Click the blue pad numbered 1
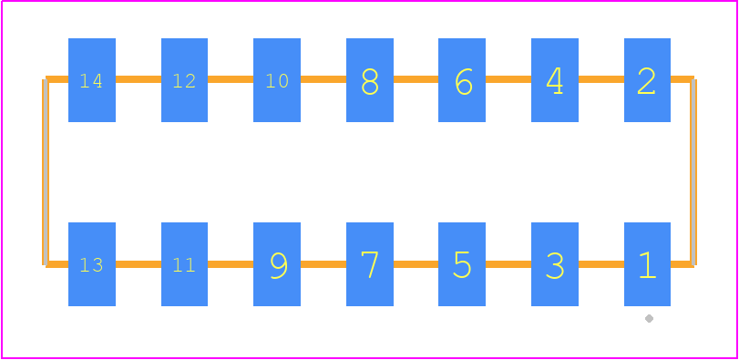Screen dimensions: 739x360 (x=647, y=264)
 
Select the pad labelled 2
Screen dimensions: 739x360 (x=647, y=80)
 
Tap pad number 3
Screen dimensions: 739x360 (x=555, y=264)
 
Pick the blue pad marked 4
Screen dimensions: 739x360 (x=555, y=80)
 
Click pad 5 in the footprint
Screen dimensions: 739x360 (x=462, y=264)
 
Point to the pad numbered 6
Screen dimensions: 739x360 (x=462, y=80)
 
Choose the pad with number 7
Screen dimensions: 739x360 (x=370, y=264)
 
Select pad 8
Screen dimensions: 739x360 (x=370, y=80)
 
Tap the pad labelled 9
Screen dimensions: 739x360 (x=277, y=264)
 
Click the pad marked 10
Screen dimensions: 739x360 (x=277, y=80)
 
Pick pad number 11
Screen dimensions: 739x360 (x=184, y=264)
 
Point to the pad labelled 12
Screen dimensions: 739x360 (x=184, y=80)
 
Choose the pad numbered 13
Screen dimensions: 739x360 (x=92, y=264)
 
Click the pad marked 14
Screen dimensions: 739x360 (x=92, y=80)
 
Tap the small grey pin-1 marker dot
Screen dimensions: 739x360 (x=649, y=319)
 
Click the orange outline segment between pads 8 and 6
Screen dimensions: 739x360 (x=416, y=79)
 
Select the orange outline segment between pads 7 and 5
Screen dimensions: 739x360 (x=416, y=264)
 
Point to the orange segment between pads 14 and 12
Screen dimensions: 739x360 (x=139, y=79)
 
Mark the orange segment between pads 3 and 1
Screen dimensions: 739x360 (x=600, y=264)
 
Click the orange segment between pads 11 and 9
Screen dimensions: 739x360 (x=231, y=264)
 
